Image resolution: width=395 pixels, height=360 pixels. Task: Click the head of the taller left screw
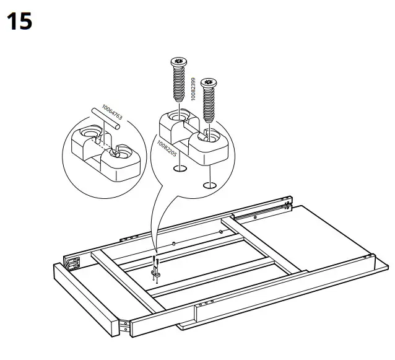tap(178, 62)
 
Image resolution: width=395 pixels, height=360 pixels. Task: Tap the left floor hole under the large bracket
tap(179, 168)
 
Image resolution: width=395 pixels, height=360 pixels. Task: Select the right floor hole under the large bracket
tap(210, 183)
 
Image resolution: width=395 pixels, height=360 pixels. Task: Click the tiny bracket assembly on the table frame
tap(155, 271)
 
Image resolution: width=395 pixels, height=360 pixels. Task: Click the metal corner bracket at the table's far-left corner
tap(73, 262)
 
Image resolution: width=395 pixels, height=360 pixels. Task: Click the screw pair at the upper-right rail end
tap(286, 204)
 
